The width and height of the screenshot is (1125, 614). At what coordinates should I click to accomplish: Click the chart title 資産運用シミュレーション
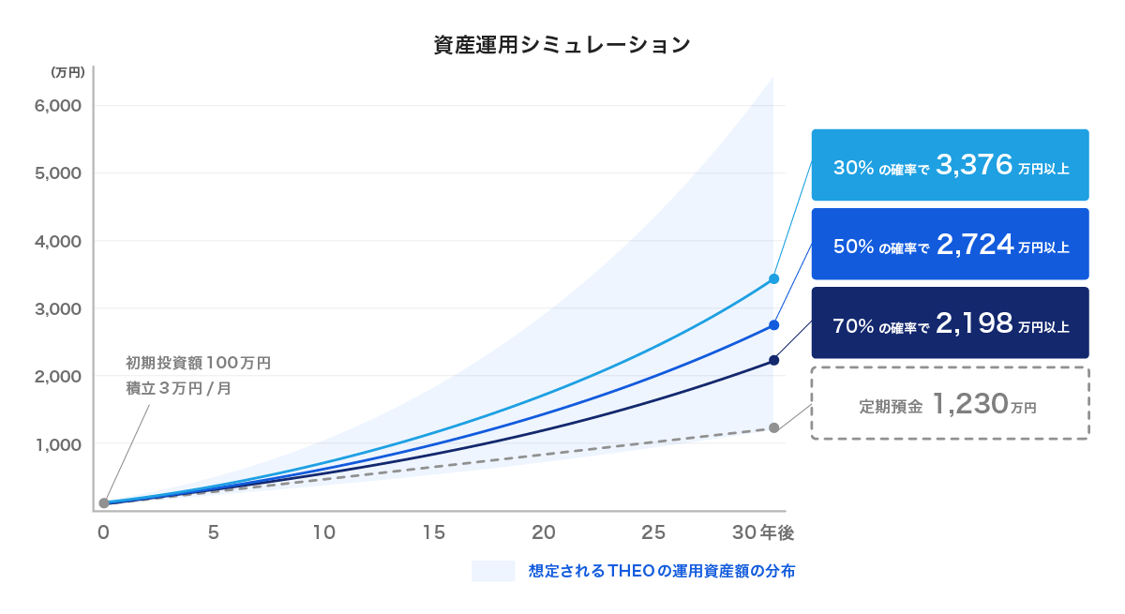click(562, 44)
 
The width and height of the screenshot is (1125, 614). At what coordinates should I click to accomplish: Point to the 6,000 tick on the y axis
click(58, 106)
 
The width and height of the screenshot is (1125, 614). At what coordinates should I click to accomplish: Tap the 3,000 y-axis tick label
click(58, 308)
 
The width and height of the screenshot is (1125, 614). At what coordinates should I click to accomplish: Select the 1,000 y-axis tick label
click(58, 443)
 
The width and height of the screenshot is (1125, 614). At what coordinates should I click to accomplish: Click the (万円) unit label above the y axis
click(68, 71)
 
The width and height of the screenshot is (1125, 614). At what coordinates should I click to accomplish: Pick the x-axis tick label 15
click(433, 533)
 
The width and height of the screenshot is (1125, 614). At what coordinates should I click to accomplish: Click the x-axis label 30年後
click(763, 533)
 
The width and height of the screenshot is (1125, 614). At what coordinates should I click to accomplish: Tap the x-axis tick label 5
click(214, 533)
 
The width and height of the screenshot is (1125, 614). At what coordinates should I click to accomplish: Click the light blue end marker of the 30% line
click(773, 278)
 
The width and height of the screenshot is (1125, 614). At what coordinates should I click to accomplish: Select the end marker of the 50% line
click(773, 325)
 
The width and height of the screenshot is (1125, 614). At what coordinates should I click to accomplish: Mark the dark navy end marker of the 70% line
click(773, 360)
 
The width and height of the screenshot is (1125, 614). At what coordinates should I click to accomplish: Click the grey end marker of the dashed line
click(773, 428)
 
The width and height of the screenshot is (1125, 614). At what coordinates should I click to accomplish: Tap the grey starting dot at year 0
click(104, 503)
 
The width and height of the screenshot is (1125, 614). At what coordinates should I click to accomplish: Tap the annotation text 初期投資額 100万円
click(198, 363)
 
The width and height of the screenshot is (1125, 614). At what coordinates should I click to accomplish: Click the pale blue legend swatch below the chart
click(493, 571)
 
